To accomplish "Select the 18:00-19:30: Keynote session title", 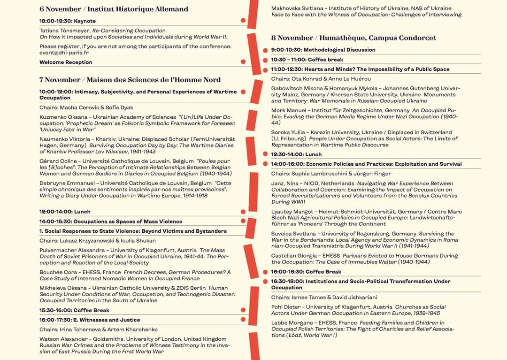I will coord(68,21).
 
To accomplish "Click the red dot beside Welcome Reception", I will coord(243,61).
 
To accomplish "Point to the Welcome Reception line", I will coord(66,62).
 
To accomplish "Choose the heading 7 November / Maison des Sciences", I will coord(130,80).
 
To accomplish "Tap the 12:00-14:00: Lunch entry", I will coord(65,212).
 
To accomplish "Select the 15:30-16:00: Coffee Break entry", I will coord(74,310).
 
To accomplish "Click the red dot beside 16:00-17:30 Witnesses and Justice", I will coord(243,320).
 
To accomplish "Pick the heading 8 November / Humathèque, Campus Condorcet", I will coord(353,38).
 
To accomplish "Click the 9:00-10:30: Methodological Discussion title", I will coord(323,50).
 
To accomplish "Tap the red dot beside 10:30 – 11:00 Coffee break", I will coord(265,60).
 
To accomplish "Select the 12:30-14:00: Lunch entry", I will coord(296,154).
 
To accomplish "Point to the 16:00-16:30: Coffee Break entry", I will coord(306,272).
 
